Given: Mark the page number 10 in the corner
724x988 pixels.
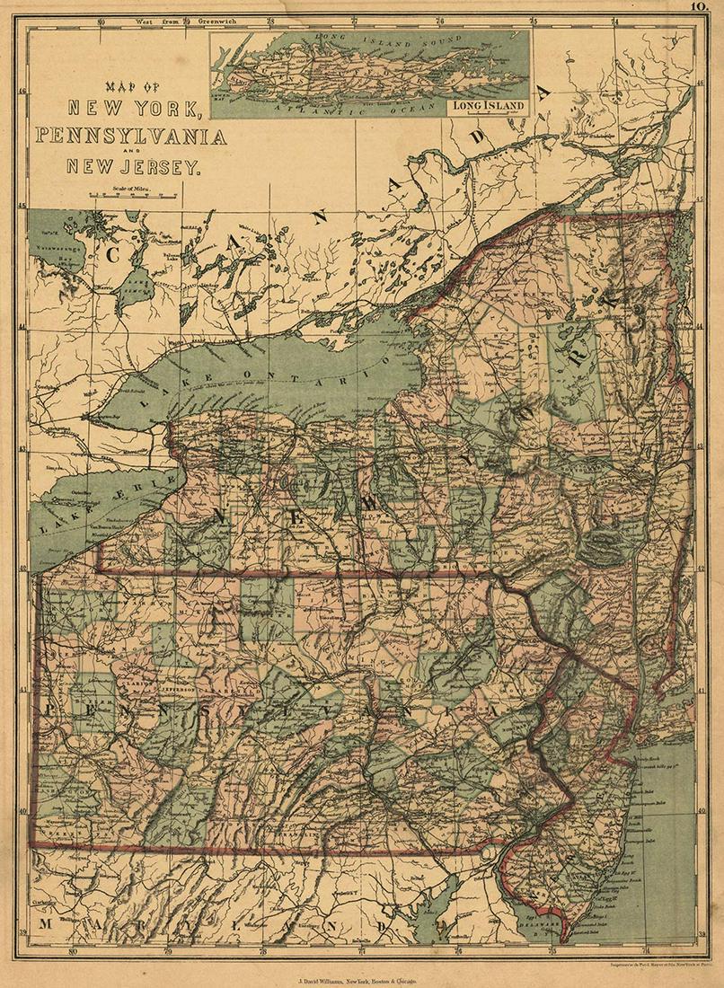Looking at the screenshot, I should click(x=703, y=7).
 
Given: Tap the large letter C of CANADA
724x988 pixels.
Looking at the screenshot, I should click(x=113, y=254).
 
